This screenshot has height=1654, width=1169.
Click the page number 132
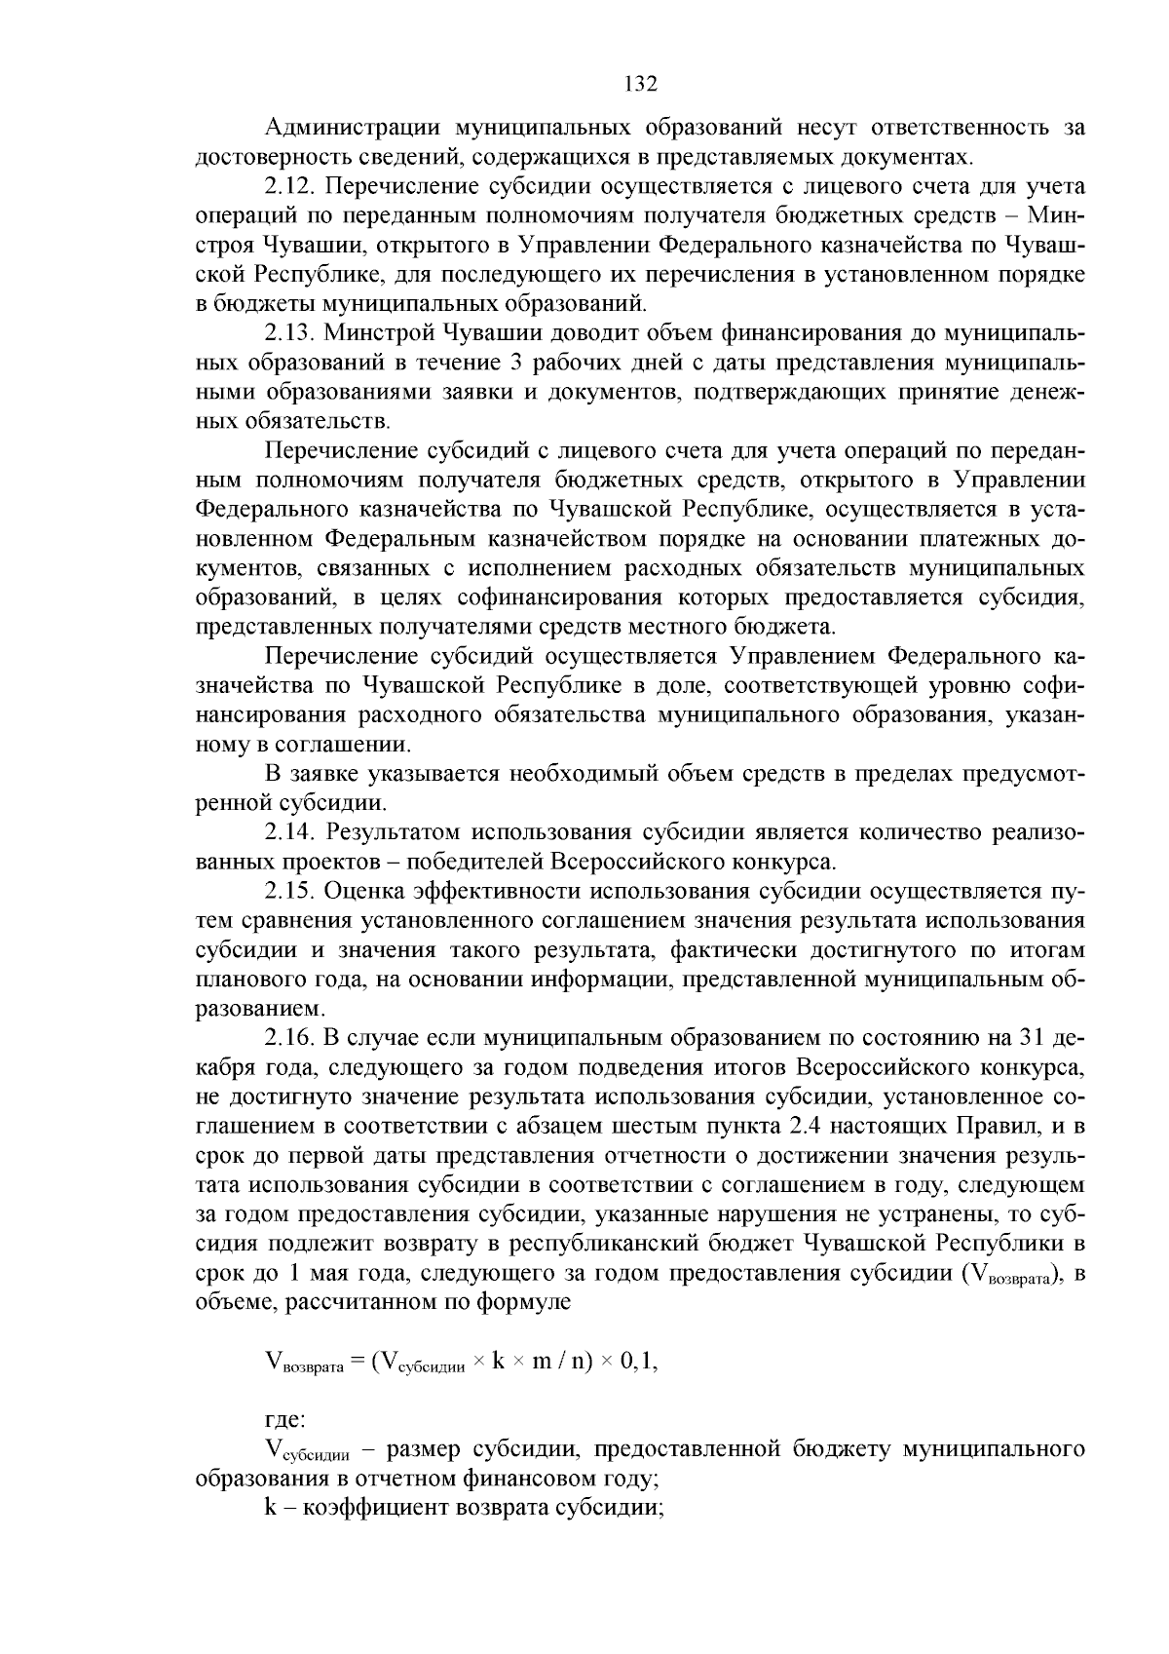(640, 84)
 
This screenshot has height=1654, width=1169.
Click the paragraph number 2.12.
(292, 186)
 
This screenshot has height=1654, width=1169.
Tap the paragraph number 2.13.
(292, 333)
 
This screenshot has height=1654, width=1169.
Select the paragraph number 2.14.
(292, 832)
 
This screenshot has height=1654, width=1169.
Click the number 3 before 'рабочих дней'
(516, 363)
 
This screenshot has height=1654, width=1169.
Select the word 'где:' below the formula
(285, 1421)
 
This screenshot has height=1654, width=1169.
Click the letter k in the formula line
(497, 1363)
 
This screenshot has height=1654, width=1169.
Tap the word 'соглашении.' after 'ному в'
(348, 745)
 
